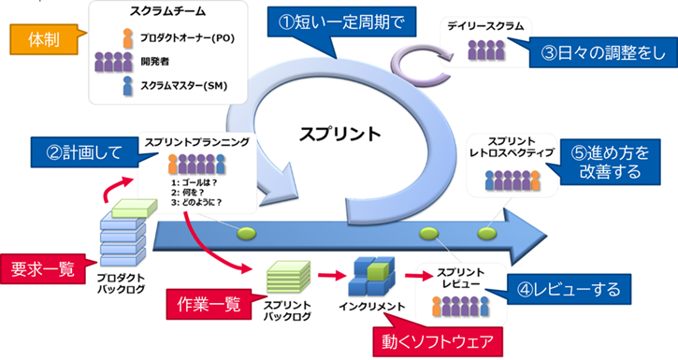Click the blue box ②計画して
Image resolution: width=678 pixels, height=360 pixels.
[x=79, y=150]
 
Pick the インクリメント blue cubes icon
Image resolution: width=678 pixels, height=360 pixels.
[x=371, y=275]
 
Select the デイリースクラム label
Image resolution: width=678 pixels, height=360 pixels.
[x=488, y=27]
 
